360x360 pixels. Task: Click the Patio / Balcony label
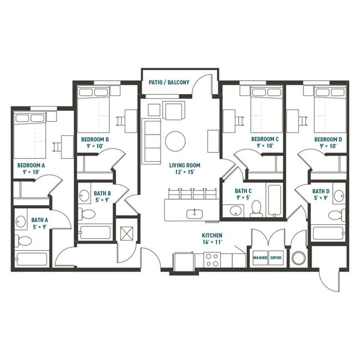click(169, 83)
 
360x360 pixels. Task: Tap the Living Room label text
click(186, 165)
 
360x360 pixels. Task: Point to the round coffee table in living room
click(176, 140)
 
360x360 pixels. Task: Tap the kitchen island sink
click(196, 212)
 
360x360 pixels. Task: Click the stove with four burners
click(212, 259)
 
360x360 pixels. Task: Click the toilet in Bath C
click(256, 208)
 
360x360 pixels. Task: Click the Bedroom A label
click(30, 165)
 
